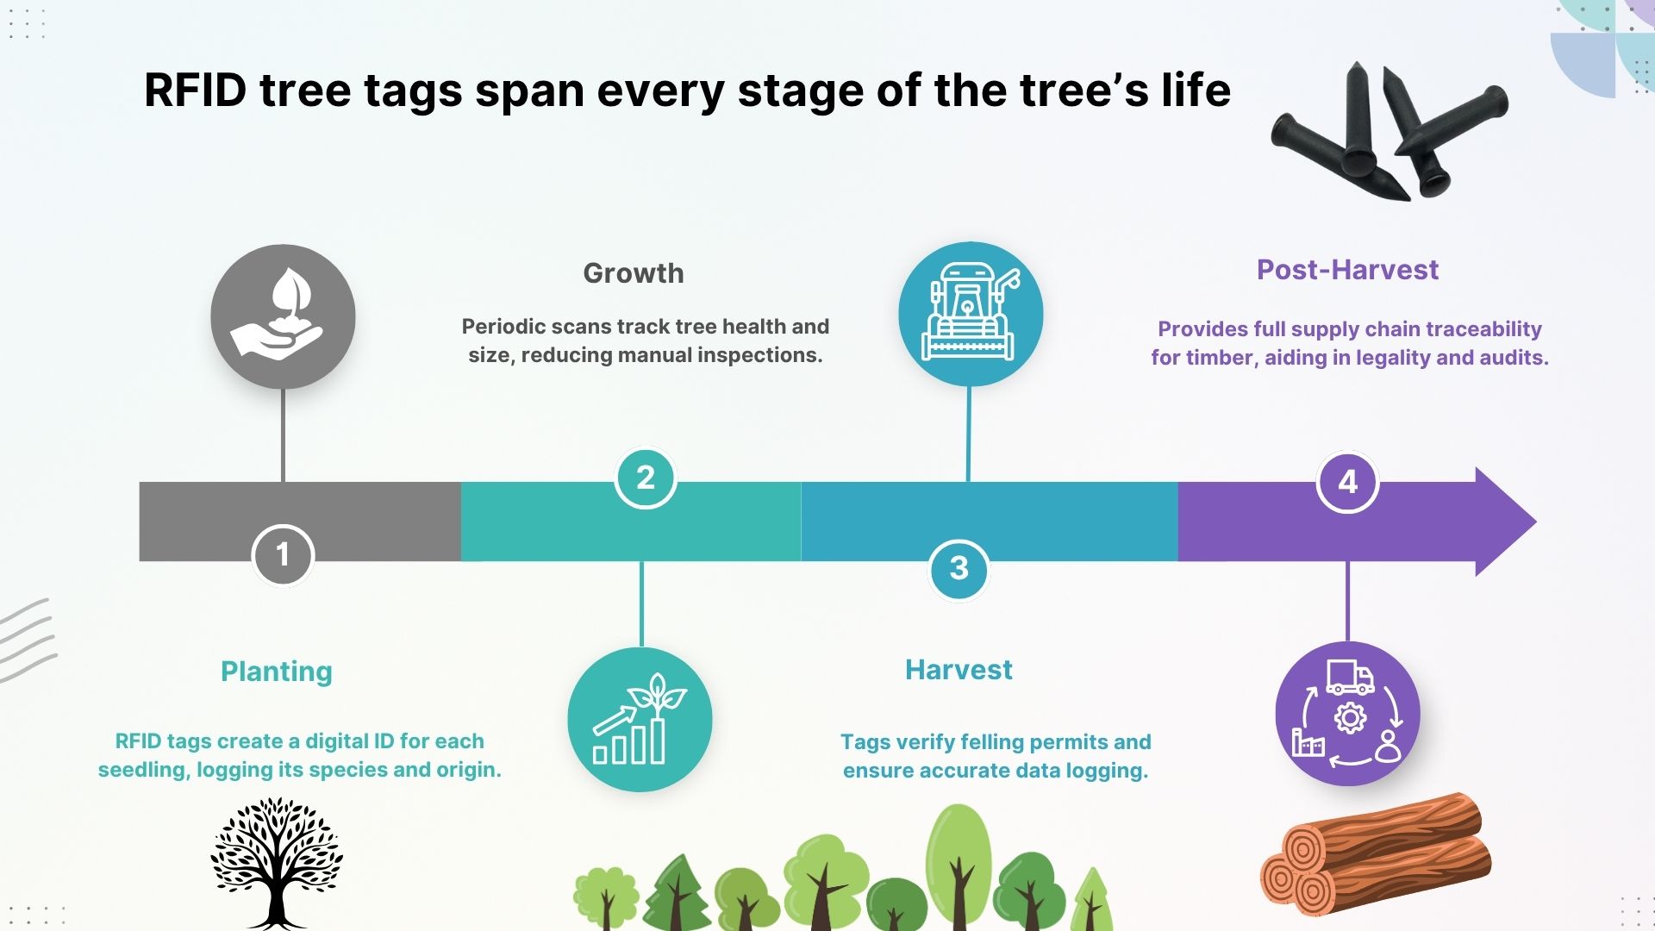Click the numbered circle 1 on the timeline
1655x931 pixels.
(283, 555)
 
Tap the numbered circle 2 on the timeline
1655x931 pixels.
(645, 478)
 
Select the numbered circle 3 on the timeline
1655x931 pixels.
(959, 569)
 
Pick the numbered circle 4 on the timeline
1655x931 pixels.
(1347, 482)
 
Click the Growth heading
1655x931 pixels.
(634, 273)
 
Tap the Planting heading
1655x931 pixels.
(277, 672)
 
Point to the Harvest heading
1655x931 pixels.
(959, 670)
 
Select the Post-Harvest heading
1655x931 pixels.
(1347, 270)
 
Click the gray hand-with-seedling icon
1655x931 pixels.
(283, 316)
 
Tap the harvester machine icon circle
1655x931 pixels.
(971, 314)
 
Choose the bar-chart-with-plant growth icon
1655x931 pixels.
(640, 720)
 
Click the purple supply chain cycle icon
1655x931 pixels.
(1347, 714)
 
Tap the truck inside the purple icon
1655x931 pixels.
(1350, 677)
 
